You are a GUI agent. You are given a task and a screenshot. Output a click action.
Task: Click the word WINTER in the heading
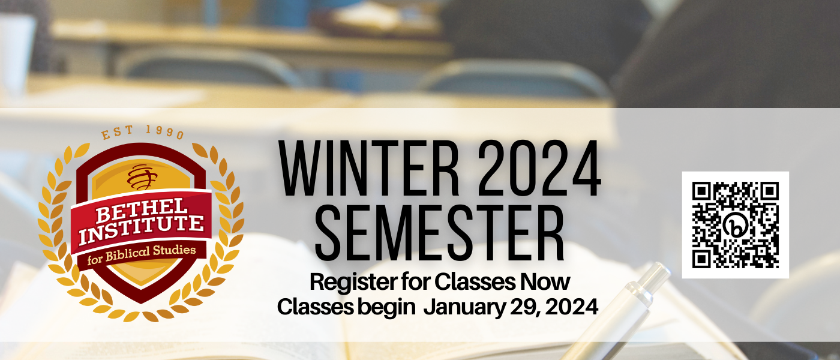click(x=369, y=169)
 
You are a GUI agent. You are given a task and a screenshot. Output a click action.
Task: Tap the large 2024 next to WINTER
click(x=539, y=169)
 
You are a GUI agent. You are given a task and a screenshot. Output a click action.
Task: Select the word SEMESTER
click(x=439, y=233)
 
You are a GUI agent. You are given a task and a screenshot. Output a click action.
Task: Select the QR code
click(x=735, y=225)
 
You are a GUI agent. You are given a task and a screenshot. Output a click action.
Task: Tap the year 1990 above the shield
click(x=166, y=132)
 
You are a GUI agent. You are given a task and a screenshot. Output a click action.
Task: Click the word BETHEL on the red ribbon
click(x=142, y=210)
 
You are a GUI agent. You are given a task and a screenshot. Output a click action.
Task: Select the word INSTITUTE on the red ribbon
click(x=142, y=229)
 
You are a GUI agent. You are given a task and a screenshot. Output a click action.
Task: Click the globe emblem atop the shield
click(x=142, y=177)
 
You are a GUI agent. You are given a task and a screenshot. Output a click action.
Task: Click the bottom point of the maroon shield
click(x=141, y=302)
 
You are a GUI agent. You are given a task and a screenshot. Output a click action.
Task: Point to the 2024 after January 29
click(x=571, y=307)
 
